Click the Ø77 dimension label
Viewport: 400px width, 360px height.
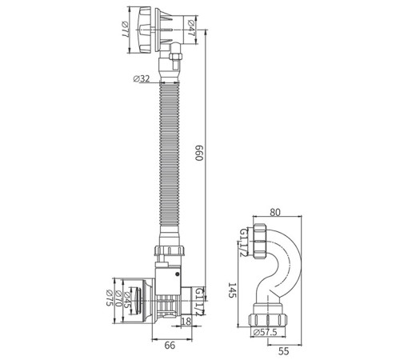click(124, 30)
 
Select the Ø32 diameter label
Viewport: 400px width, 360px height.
click(142, 78)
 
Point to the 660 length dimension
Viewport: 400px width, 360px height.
click(199, 153)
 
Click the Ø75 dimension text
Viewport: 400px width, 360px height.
click(110, 298)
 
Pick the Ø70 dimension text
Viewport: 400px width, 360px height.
click(118, 298)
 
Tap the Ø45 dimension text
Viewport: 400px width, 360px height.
click(127, 300)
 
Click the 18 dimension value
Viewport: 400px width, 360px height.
click(186, 321)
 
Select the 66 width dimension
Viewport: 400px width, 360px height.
click(170, 346)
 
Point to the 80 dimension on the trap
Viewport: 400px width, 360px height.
click(275, 212)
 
